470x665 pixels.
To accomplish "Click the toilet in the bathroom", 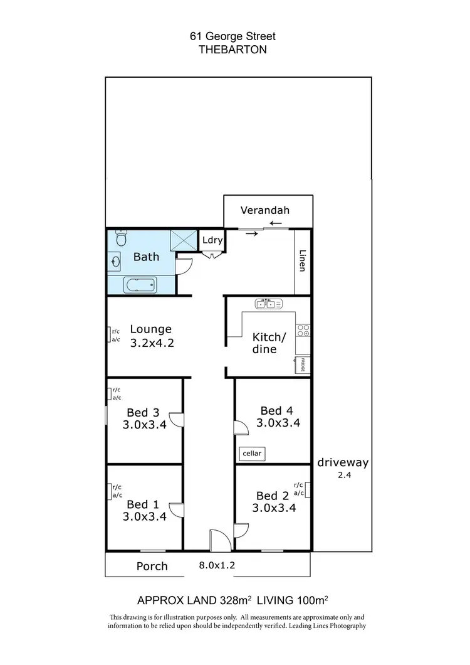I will coord(122,239).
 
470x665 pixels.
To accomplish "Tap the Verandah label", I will coord(266,211).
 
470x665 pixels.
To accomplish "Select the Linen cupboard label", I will coord(303,261).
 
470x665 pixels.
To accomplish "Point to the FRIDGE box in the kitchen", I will coord(303,364).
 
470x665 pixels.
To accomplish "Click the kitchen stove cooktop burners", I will coord(303,330).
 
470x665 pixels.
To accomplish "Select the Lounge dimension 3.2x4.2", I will coord(151,343).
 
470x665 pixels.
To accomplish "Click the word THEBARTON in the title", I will coord(232,50).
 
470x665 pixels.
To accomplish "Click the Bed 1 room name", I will coord(138,504).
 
